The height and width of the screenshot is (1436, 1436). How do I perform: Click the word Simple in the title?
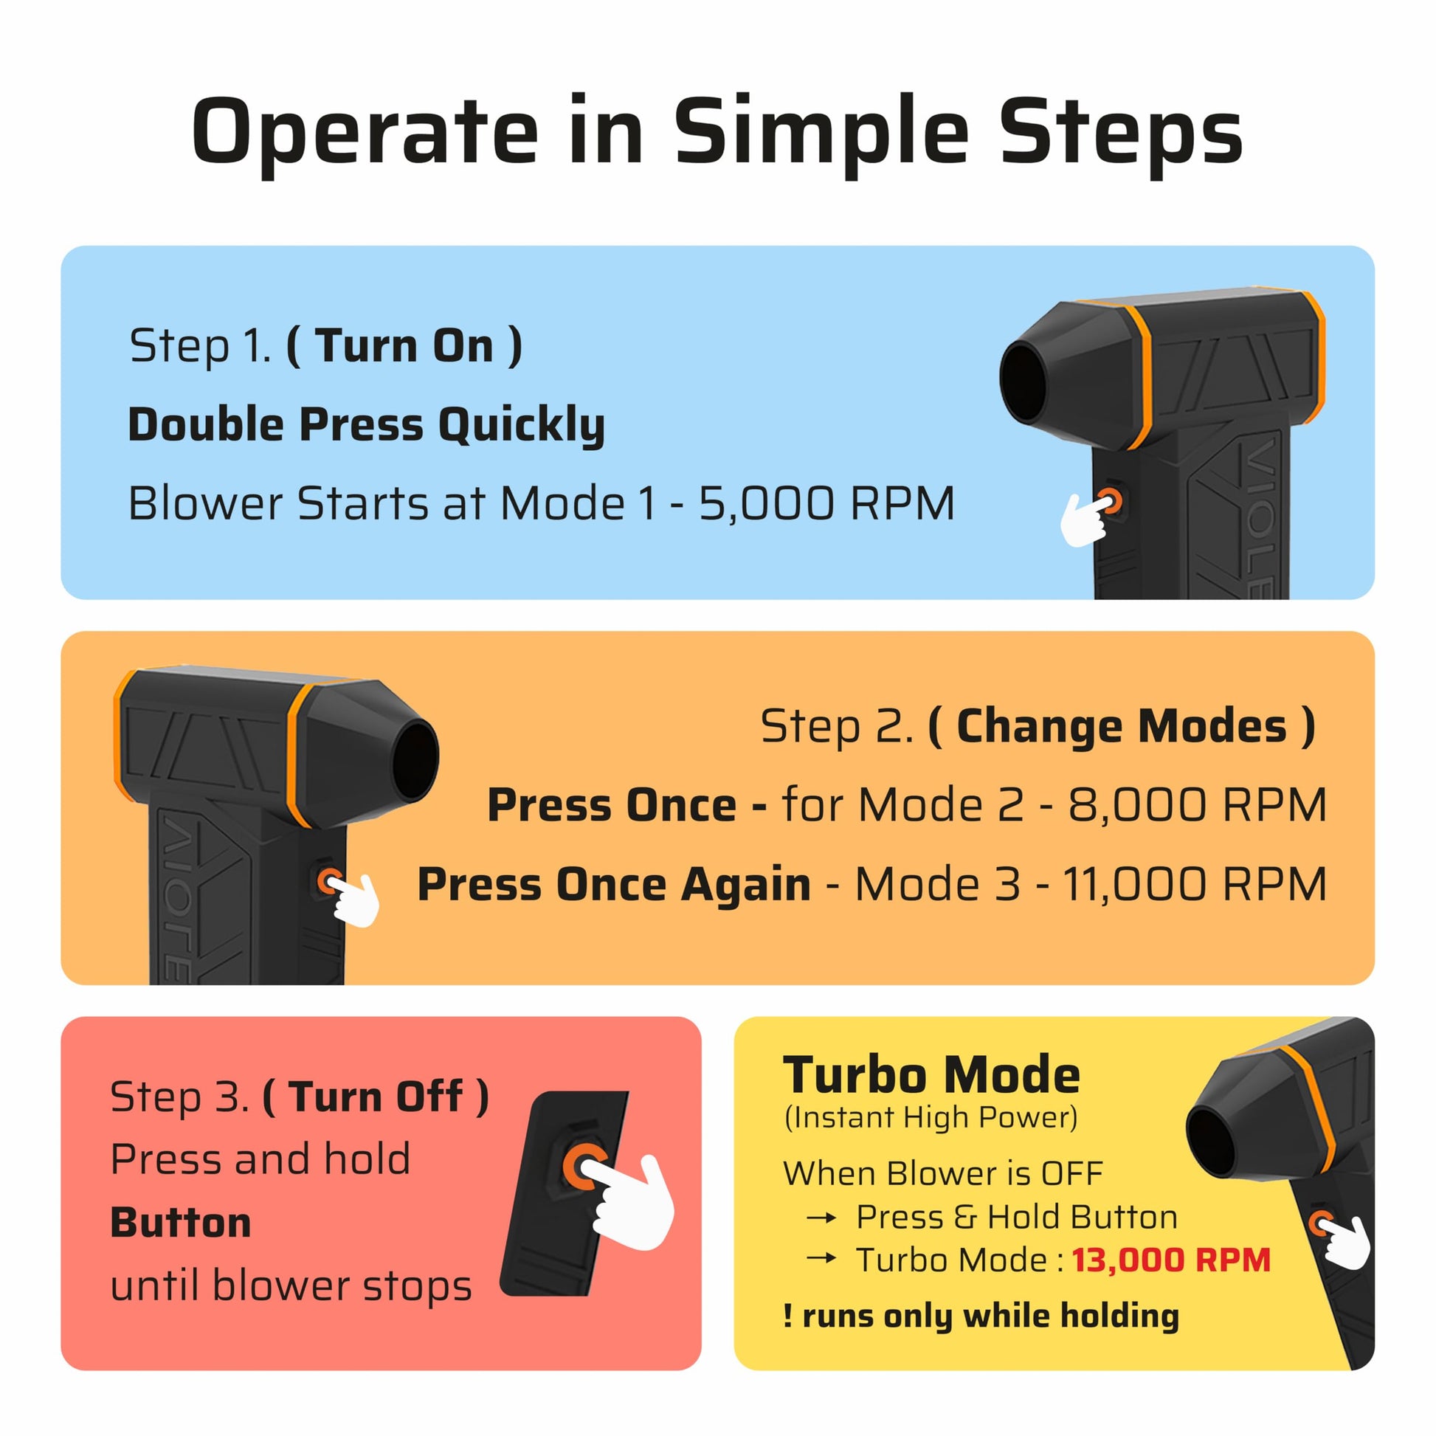821,134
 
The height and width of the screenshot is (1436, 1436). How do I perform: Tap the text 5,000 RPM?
826,504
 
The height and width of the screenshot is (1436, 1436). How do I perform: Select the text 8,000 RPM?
1198,805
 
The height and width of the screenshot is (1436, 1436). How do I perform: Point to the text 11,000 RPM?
1195,885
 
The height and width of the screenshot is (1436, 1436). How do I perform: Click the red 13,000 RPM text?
1170,1260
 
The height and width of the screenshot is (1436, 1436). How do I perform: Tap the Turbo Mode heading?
931,1074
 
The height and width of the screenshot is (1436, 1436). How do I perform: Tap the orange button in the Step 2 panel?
328,882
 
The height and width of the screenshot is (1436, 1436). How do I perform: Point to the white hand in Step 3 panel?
632,1203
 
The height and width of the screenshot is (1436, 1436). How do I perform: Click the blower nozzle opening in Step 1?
1024,384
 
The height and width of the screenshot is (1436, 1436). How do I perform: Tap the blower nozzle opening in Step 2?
415,761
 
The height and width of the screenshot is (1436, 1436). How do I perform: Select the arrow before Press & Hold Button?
821,1218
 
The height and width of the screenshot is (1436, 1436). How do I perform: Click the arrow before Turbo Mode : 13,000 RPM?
821,1258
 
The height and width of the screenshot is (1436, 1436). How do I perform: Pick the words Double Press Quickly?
367,425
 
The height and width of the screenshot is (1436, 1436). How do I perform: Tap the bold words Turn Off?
376,1097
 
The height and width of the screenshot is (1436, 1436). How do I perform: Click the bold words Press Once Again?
614,885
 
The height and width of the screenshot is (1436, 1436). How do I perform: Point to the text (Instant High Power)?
931,1118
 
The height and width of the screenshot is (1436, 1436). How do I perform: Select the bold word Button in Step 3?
181,1223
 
